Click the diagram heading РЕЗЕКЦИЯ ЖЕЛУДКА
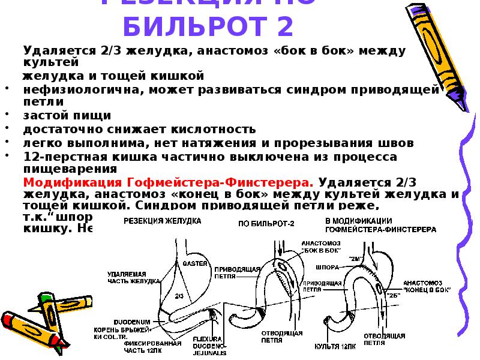click(x=162, y=221)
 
